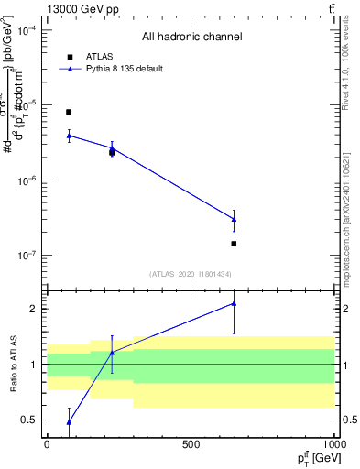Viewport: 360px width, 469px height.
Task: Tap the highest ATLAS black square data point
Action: (x=69, y=112)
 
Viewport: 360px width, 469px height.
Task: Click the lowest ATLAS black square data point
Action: (x=234, y=244)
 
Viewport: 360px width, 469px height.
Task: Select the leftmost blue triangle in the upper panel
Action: (x=69, y=136)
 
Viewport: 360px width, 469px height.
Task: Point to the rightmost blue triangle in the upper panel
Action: (x=234, y=219)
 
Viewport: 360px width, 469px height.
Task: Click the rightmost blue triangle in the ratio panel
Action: (x=234, y=303)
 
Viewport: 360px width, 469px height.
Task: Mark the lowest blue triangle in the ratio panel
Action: (x=69, y=422)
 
